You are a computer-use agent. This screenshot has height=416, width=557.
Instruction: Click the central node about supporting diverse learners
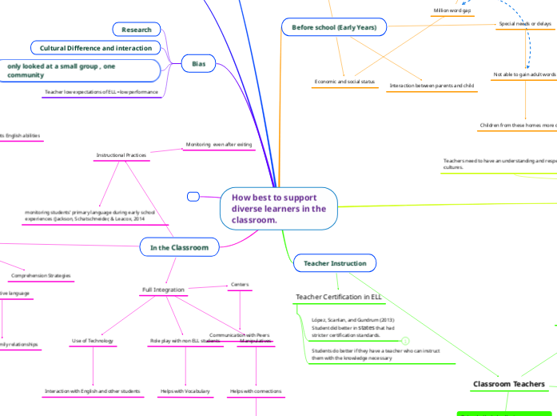coord(278,208)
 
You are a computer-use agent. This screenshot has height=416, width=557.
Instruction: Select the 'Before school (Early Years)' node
coord(333,28)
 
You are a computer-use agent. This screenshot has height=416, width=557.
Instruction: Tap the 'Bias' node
coord(198,62)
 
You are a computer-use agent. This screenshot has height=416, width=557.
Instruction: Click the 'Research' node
coord(137,30)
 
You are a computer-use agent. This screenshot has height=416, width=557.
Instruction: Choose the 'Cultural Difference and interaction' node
coord(96,48)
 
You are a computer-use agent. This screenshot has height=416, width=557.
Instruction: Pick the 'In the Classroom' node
coord(179,247)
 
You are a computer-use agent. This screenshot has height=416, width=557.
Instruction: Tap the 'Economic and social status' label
coord(344,82)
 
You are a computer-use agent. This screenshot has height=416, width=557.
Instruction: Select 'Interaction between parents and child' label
coord(432,85)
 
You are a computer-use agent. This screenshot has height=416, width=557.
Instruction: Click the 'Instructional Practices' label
coord(121,154)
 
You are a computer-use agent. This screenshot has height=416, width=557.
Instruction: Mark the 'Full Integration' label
coord(163,289)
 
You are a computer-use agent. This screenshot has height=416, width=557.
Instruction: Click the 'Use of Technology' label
coord(92,341)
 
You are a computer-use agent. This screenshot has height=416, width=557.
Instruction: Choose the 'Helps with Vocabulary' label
coord(185,391)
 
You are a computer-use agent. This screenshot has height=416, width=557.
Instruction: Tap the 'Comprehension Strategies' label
coord(40,275)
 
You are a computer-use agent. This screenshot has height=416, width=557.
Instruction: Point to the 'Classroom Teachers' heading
coord(509,384)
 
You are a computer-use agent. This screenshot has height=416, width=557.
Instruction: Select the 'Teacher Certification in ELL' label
coord(340,297)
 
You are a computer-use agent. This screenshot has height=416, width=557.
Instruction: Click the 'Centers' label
coord(240,284)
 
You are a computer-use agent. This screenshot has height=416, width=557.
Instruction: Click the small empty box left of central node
coord(193,196)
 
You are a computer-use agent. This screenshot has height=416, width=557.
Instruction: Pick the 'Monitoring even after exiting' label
coord(218,145)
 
